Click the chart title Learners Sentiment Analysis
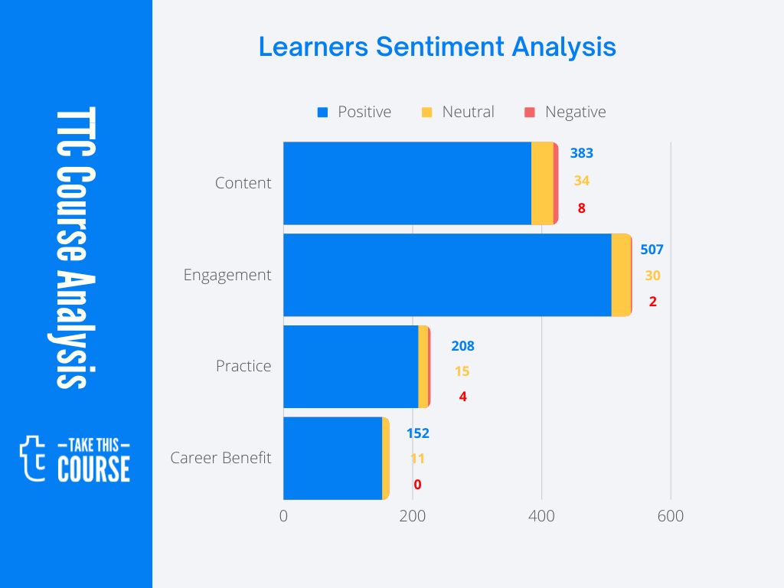click(x=436, y=47)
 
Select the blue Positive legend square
click(x=322, y=113)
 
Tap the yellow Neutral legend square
click(x=427, y=113)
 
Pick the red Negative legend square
click(x=529, y=113)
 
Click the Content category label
click(x=243, y=183)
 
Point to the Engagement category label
click(x=227, y=275)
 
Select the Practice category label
click(x=243, y=366)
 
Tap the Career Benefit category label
click(x=220, y=458)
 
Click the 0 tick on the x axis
click(x=283, y=516)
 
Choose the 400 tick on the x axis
click(x=541, y=516)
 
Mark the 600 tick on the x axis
click(x=671, y=516)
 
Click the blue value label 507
click(x=652, y=250)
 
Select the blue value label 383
click(x=581, y=153)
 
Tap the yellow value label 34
click(x=581, y=181)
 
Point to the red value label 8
click(x=581, y=207)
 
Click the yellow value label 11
click(x=417, y=459)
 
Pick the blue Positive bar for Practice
click(x=351, y=367)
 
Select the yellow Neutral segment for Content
click(x=542, y=183)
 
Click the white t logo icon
click(x=33, y=458)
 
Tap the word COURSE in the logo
click(x=93, y=469)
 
